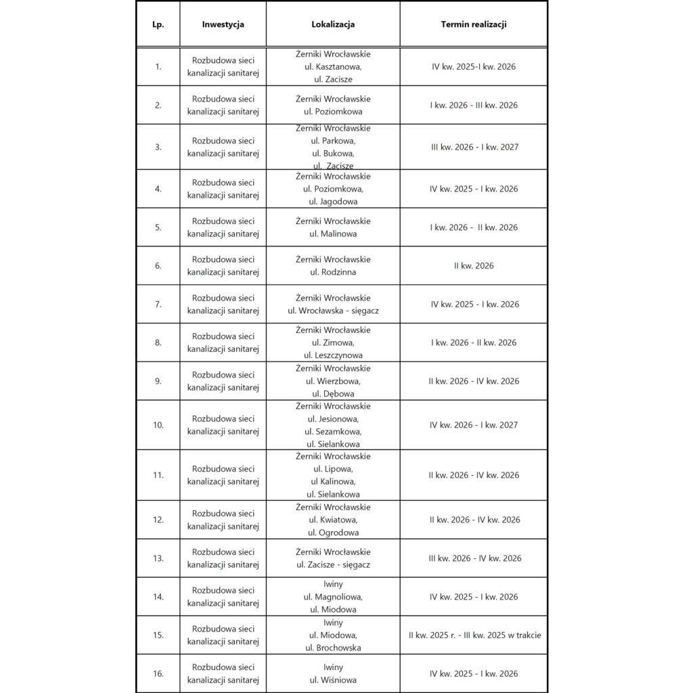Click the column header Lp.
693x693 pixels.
pyautogui.click(x=158, y=24)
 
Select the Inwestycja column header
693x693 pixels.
pyautogui.click(x=223, y=24)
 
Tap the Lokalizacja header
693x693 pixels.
pyautogui.click(x=333, y=24)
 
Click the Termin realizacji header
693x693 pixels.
pyautogui.click(x=474, y=24)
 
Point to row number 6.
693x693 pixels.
pyautogui.click(x=158, y=266)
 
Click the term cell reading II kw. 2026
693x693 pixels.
pyautogui.click(x=474, y=266)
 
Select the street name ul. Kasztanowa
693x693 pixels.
pyautogui.click(x=333, y=67)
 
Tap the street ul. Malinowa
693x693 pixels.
pyautogui.click(x=333, y=234)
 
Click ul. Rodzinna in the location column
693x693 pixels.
pyautogui.click(x=333, y=273)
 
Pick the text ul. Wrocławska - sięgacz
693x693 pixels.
pyautogui.click(x=333, y=311)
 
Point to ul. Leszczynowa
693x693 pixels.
pyautogui.click(x=333, y=355)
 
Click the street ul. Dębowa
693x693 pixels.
pyautogui.click(x=333, y=394)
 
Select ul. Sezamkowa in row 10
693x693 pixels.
pyautogui.click(x=333, y=432)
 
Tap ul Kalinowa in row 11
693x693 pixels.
pyautogui.click(x=333, y=482)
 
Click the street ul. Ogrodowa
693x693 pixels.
pyautogui.click(x=333, y=533)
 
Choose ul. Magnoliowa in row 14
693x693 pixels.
pyautogui.click(x=333, y=597)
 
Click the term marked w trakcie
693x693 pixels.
pyautogui.click(x=474, y=635)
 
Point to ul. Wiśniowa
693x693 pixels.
pyautogui.click(x=333, y=680)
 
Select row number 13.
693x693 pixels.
pyautogui.click(x=158, y=558)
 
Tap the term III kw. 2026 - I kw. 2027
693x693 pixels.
pyautogui.click(x=474, y=147)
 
